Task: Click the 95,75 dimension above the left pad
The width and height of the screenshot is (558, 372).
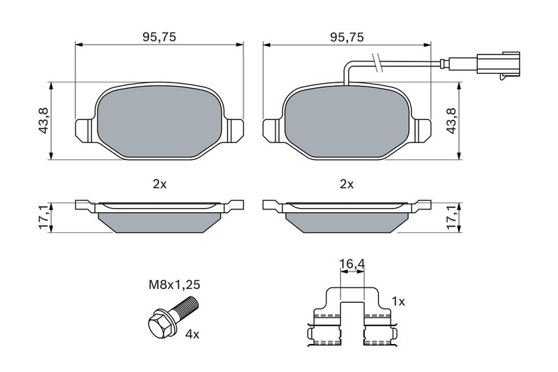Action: tap(160, 37)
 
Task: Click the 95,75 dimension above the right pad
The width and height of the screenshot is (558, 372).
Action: tap(347, 37)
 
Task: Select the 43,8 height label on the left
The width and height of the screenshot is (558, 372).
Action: tap(43, 120)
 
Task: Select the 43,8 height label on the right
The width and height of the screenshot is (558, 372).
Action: tap(451, 120)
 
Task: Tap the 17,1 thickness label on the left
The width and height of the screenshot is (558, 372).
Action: tap(43, 218)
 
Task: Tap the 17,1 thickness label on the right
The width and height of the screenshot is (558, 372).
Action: tap(451, 218)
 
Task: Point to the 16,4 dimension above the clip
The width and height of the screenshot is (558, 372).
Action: tap(352, 264)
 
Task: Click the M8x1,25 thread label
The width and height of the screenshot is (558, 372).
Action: tap(174, 285)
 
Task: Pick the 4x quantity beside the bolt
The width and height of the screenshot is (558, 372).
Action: tap(193, 334)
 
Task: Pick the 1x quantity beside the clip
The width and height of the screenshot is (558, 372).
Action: tap(398, 302)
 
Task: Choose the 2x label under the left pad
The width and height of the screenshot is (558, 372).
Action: tap(160, 184)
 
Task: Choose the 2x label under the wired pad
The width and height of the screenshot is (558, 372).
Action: tap(347, 184)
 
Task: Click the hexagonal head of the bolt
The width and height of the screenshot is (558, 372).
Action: tap(160, 323)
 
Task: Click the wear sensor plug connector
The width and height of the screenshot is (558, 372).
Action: tap(498, 65)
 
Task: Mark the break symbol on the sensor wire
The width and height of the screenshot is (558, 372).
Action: tap(377, 63)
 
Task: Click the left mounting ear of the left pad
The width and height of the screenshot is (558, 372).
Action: tap(85, 131)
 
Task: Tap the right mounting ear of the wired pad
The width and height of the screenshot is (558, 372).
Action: tap(422, 131)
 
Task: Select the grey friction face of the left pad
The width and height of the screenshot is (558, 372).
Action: tap(160, 121)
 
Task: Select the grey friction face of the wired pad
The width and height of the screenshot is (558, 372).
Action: tap(347, 121)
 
